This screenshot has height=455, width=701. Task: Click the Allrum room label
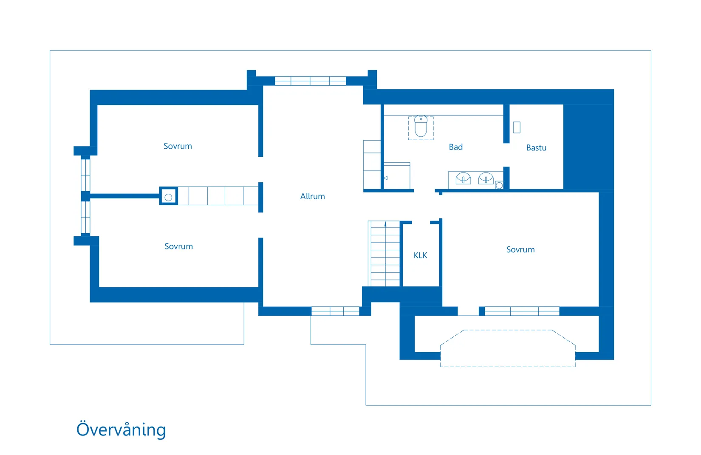pos(312,196)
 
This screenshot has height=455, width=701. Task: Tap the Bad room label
pos(455,147)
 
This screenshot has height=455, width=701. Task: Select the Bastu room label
pos(536,148)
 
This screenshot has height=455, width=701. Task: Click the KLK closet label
pos(420,255)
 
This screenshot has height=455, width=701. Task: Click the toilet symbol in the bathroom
pos(421,127)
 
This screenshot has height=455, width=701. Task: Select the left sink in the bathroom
pos(463,178)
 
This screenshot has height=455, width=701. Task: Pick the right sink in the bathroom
pos(486,178)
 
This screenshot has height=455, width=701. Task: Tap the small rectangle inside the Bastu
pos(517,127)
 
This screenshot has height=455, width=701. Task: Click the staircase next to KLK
pos(385,255)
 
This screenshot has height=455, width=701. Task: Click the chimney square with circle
pos(168,197)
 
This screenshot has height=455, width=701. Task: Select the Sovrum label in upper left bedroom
pos(178,146)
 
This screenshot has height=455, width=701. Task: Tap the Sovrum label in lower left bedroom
pos(178,246)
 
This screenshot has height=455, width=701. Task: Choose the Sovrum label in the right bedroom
pos(520,250)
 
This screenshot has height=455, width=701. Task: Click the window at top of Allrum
pos(310,81)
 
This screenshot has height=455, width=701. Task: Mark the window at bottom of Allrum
pos(335,311)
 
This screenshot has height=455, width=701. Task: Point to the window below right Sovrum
pos(522,311)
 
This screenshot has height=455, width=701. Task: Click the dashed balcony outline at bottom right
pos(508,348)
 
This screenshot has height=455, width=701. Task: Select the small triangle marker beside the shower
pos(386,178)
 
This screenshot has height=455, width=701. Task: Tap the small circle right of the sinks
pos(499,186)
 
